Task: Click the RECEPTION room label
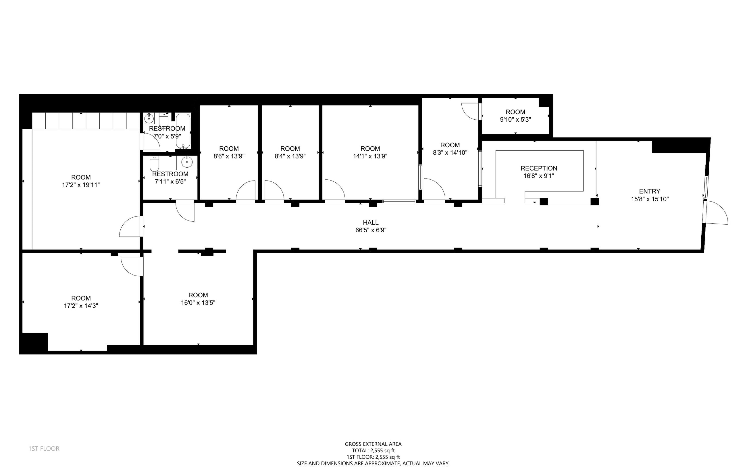click(x=539, y=168)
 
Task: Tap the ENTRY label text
click(x=650, y=191)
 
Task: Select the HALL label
click(x=371, y=222)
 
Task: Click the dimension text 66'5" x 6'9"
click(x=371, y=230)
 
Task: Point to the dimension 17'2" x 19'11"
click(x=81, y=185)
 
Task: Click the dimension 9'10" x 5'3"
click(x=515, y=120)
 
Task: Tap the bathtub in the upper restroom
click(x=183, y=131)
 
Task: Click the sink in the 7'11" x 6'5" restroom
click(x=187, y=162)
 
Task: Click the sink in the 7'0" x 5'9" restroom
click(x=149, y=118)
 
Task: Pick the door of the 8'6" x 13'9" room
click(x=246, y=191)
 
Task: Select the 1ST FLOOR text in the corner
click(x=44, y=449)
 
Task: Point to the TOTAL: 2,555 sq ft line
click(x=373, y=451)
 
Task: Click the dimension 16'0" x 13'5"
click(x=198, y=303)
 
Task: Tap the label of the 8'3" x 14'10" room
click(x=450, y=145)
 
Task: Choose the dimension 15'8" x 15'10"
click(x=650, y=199)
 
